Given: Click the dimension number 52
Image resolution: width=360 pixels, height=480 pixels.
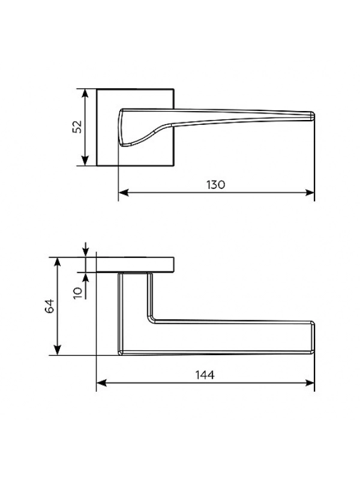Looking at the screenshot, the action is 77,127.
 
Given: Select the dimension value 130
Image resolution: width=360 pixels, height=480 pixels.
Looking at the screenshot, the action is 216,185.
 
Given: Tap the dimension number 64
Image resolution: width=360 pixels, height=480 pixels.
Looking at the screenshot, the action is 50,306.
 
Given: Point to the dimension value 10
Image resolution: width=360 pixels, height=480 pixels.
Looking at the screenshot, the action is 79,293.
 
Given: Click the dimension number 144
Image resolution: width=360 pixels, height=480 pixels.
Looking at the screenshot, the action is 205,374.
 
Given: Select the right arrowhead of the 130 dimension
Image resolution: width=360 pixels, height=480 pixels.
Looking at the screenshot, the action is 310,193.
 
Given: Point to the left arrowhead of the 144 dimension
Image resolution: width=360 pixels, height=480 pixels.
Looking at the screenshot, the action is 101,383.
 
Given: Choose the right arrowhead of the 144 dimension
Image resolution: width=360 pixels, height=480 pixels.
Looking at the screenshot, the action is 310,383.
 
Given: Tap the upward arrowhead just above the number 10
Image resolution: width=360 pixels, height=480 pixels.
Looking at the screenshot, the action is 85,277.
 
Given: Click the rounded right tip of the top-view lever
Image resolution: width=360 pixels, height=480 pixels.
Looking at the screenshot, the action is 313,116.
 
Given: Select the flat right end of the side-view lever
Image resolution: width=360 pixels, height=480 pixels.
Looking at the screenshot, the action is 313,338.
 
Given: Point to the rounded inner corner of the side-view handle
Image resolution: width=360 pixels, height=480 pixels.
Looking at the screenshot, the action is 152,319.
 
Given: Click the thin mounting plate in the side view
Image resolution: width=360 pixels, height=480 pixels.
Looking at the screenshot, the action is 136,265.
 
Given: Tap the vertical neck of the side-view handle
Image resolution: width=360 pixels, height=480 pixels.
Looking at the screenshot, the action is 134,297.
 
